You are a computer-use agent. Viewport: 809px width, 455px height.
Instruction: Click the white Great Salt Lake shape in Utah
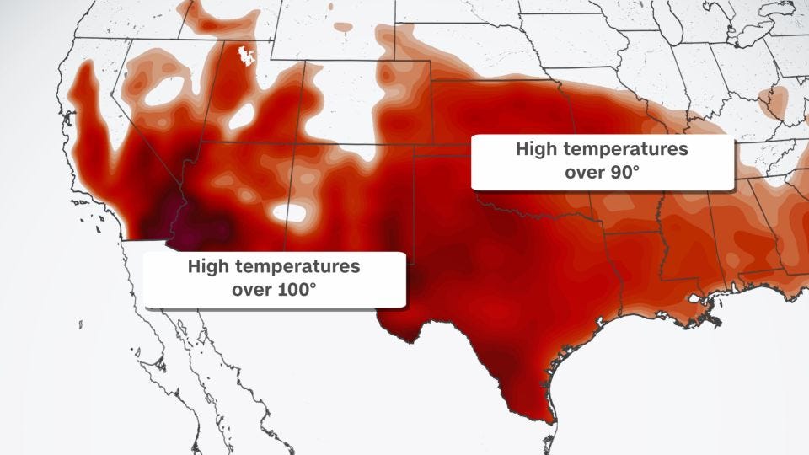tap(248, 56)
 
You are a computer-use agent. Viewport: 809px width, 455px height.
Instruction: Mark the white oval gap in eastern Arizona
tap(289, 214)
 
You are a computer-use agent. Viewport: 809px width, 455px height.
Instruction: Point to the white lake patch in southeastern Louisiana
tap(696, 298)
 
